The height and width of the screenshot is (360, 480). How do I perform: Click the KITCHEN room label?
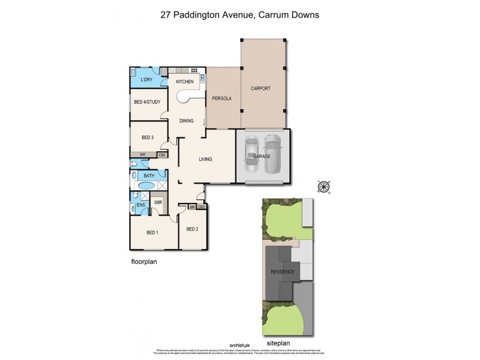coord(184,82)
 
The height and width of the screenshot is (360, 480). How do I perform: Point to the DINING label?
coord(187,121)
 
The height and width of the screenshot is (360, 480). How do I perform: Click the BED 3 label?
coord(148,137)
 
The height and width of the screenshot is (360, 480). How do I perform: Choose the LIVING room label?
coord(206,159)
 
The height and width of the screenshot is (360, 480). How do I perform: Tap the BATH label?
coord(148,176)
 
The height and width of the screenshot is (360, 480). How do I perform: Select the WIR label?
coord(158,203)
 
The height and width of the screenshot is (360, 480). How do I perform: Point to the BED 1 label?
coord(152,233)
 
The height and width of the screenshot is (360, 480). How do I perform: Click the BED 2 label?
coord(192,229)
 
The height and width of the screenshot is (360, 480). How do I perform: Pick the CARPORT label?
coord(260,88)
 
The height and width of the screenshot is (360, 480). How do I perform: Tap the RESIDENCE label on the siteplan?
coord(281,272)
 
